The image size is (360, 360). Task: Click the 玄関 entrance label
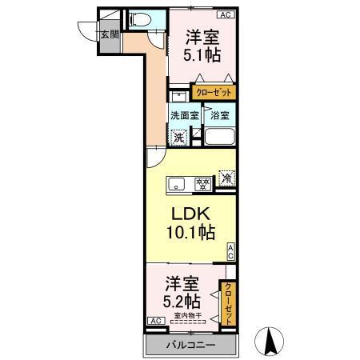coord(109,34)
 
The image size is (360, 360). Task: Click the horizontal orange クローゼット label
coord(213,92)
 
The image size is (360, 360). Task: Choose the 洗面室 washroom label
coord(184,115)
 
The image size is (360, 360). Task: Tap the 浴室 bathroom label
coord(219,115)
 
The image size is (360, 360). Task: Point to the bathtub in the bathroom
coord(218,137)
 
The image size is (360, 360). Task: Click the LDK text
coord(190,214)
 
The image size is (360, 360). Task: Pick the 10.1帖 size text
coord(190,234)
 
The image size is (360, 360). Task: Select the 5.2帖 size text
coord(183,301)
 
